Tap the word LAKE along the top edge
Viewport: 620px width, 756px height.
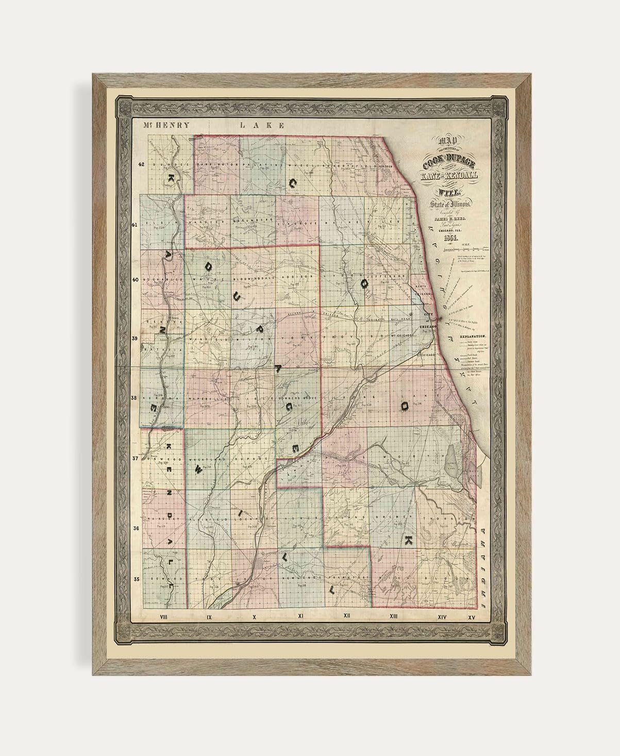pos(263,125)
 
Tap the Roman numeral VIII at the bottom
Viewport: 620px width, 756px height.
pos(165,616)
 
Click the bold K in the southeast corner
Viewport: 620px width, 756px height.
pos(408,541)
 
